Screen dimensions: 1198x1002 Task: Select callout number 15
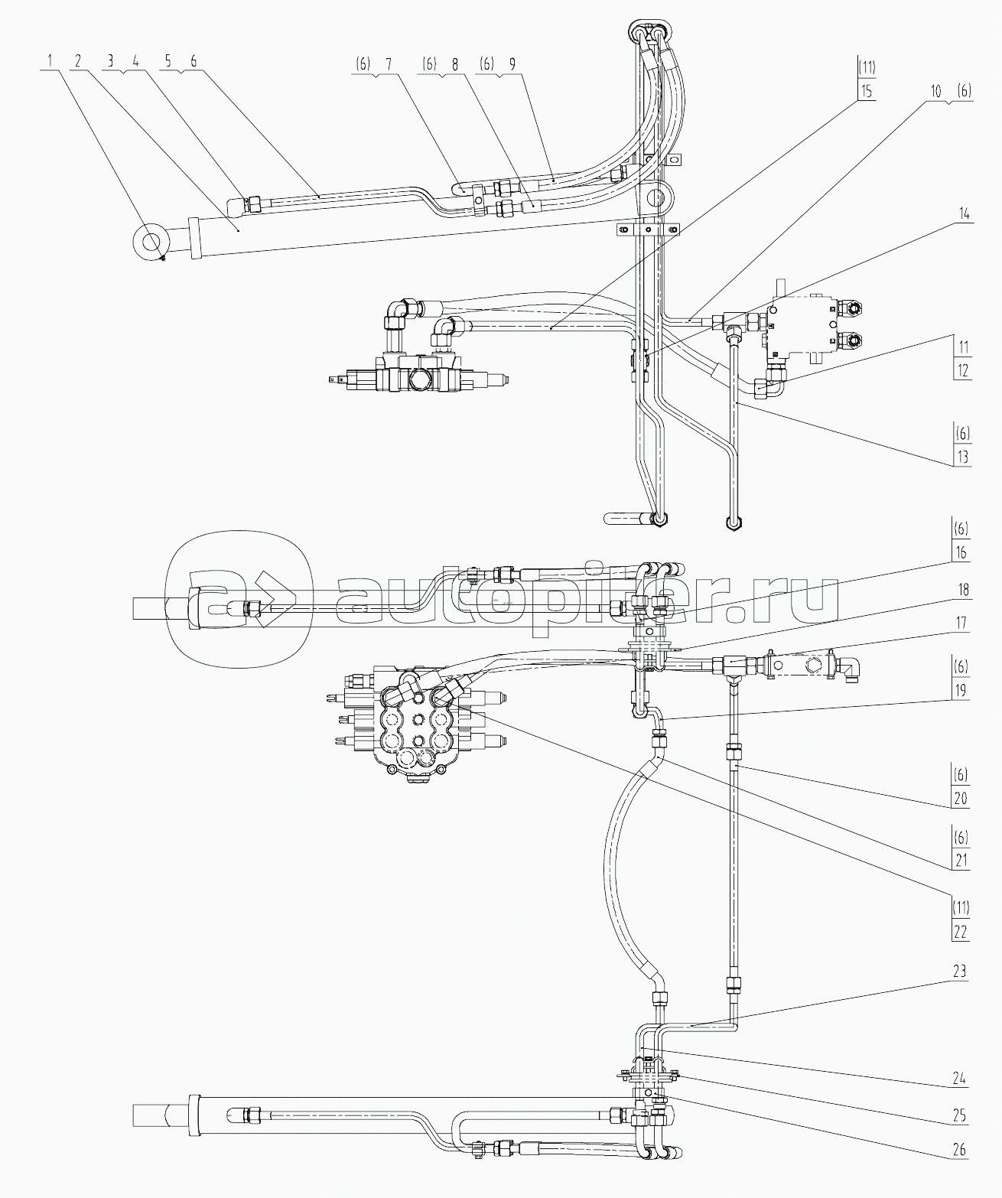point(867,91)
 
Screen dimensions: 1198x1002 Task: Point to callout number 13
point(961,457)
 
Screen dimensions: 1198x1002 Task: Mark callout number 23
point(961,972)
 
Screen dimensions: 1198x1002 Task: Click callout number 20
point(961,799)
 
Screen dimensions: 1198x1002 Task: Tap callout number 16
point(961,553)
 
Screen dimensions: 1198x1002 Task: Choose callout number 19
point(961,690)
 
